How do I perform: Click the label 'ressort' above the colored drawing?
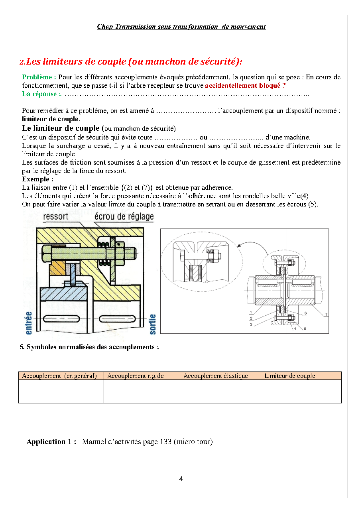tap(55, 216)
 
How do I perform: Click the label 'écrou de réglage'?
tap(124, 216)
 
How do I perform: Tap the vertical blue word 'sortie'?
tap(153, 324)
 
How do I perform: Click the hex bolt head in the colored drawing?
tap(46, 252)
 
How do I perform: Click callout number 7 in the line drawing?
tap(326, 314)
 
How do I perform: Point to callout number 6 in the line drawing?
tap(305, 313)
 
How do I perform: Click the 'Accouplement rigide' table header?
tap(136, 376)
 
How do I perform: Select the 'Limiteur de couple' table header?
tap(290, 376)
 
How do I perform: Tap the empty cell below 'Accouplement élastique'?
tap(220, 391)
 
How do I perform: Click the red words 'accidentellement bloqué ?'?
tap(245, 86)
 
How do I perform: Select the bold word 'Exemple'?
tap(37, 179)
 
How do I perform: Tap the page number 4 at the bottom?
tap(181, 479)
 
